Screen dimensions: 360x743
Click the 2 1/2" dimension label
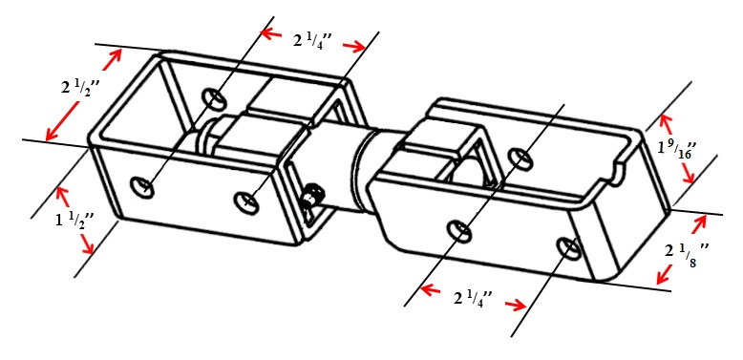(78, 90)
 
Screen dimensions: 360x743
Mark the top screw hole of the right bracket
(520, 156)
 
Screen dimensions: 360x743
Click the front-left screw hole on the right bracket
(459, 230)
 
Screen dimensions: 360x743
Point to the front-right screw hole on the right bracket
(570, 246)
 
